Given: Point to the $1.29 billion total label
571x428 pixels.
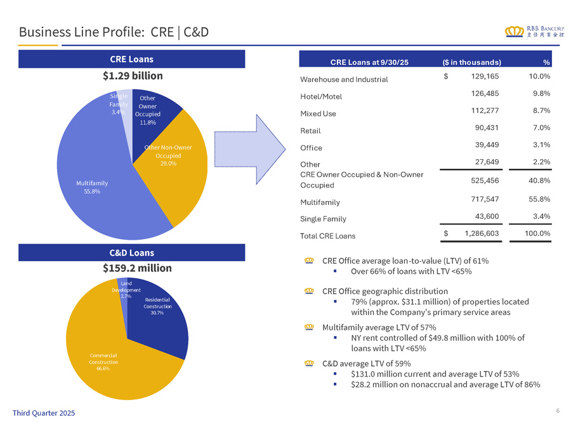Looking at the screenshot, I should pos(133,75).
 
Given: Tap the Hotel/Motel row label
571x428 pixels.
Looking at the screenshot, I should pos(320,96).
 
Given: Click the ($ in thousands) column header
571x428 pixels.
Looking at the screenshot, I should pos(471,62).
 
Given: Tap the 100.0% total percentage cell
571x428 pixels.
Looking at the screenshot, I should pos(536,233).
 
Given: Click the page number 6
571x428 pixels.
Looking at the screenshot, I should pos(558,411).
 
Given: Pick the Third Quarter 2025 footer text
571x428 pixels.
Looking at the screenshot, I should pos(44,413).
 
